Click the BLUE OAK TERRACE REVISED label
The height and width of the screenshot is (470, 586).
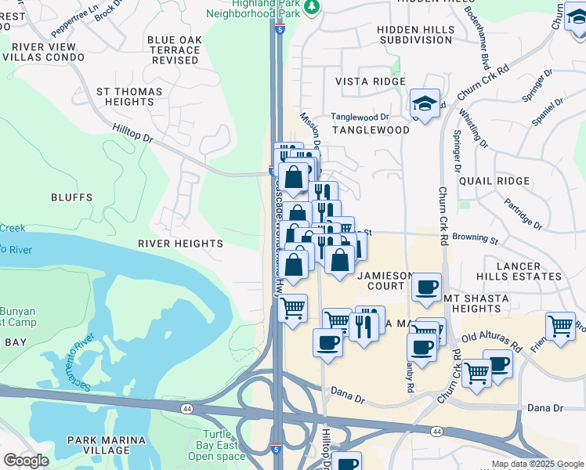pyautogui.click(x=174, y=50)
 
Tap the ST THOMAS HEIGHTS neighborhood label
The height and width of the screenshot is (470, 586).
pyautogui.click(x=129, y=97)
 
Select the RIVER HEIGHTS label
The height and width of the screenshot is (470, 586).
pyautogui.click(x=180, y=244)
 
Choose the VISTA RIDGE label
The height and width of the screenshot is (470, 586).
pyautogui.click(x=370, y=81)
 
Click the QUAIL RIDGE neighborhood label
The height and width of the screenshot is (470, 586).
pyautogui.click(x=494, y=180)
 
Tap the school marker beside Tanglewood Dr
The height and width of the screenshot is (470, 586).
pyautogui.click(x=425, y=104)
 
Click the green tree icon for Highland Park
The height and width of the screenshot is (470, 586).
pyautogui.click(x=313, y=7)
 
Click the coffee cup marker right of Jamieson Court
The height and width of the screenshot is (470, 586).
pyautogui.click(x=426, y=287)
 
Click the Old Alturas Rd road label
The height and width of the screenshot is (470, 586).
pyautogui.click(x=492, y=342)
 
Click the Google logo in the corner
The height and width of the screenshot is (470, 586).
pyautogui.click(x=26, y=461)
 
